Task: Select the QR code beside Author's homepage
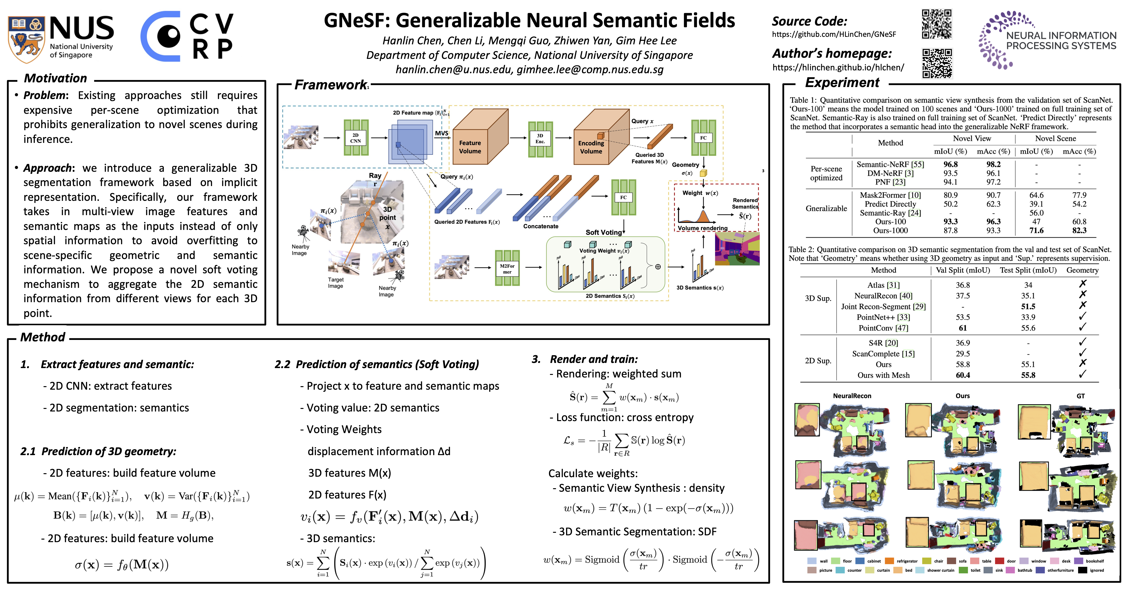(937, 63)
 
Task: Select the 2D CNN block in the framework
(356, 138)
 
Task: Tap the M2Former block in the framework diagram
(507, 268)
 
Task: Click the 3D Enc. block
(540, 139)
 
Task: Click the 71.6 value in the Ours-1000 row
(1036, 230)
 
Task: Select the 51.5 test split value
(1028, 306)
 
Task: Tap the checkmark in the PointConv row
(1082, 327)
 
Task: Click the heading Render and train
(593, 359)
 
